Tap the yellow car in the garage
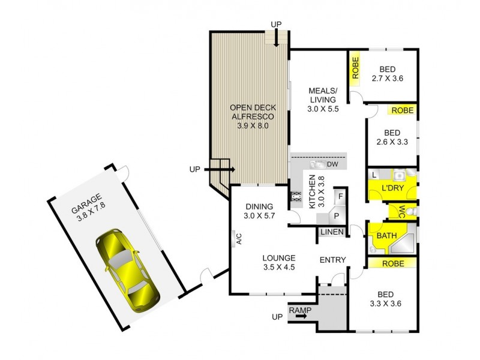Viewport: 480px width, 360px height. [x=128, y=265]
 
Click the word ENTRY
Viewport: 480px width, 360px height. [x=332, y=260]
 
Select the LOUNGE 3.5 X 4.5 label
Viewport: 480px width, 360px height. [x=278, y=263]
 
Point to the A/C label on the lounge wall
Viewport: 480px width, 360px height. [x=238, y=239]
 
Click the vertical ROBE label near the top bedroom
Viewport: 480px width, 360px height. [x=355, y=70]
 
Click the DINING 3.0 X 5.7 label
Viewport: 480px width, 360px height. [x=259, y=211]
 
